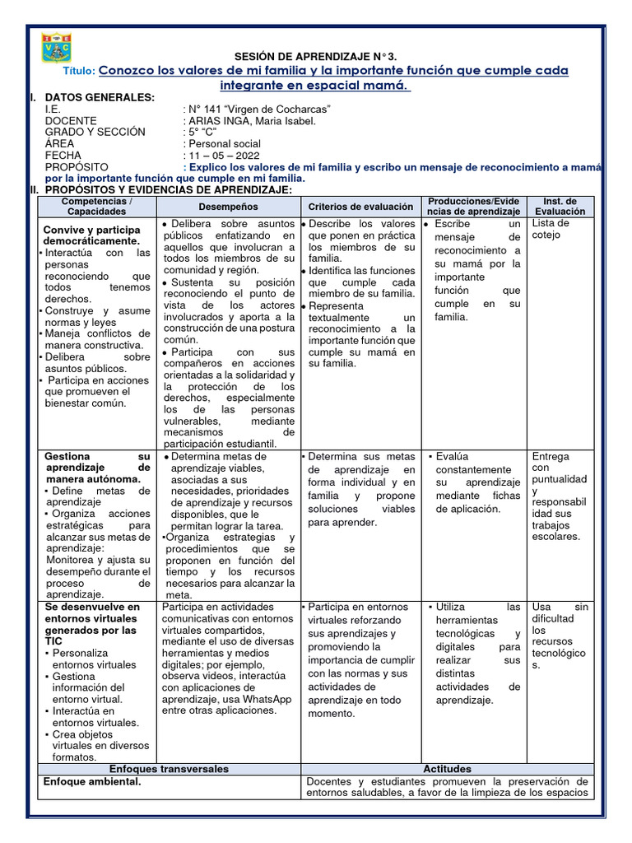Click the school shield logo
click(58, 48)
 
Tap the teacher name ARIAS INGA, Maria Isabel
click(249, 120)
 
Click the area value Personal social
click(223, 143)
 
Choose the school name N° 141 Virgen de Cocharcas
click(258, 109)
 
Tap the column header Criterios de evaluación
click(360, 207)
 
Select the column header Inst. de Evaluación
click(565, 206)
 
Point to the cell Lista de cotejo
click(551, 229)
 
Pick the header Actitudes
click(447, 768)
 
